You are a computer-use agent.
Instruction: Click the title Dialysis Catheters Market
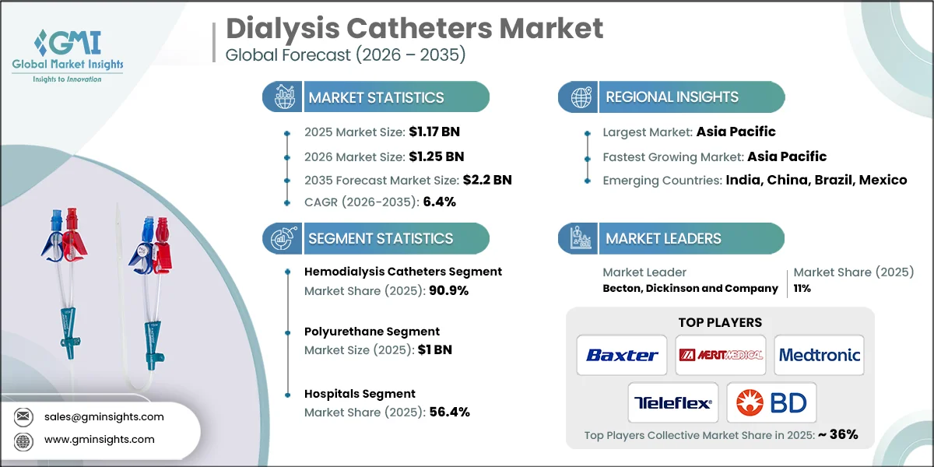click(x=414, y=29)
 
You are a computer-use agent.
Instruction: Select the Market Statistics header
click(x=376, y=97)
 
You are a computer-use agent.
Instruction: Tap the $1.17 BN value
click(x=439, y=132)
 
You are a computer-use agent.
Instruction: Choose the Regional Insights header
click(x=672, y=97)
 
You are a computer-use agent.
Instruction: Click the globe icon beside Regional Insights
click(x=581, y=97)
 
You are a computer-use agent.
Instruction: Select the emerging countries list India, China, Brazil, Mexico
click(x=816, y=180)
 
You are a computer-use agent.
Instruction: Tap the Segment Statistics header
click(x=380, y=238)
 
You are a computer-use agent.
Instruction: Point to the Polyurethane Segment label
click(x=372, y=332)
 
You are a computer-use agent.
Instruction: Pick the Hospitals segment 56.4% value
click(x=449, y=412)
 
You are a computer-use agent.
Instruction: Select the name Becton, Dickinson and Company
click(x=690, y=288)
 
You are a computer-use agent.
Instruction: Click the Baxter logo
click(x=622, y=355)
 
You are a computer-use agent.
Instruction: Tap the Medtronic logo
click(x=819, y=355)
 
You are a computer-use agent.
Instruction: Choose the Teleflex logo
click(x=672, y=402)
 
